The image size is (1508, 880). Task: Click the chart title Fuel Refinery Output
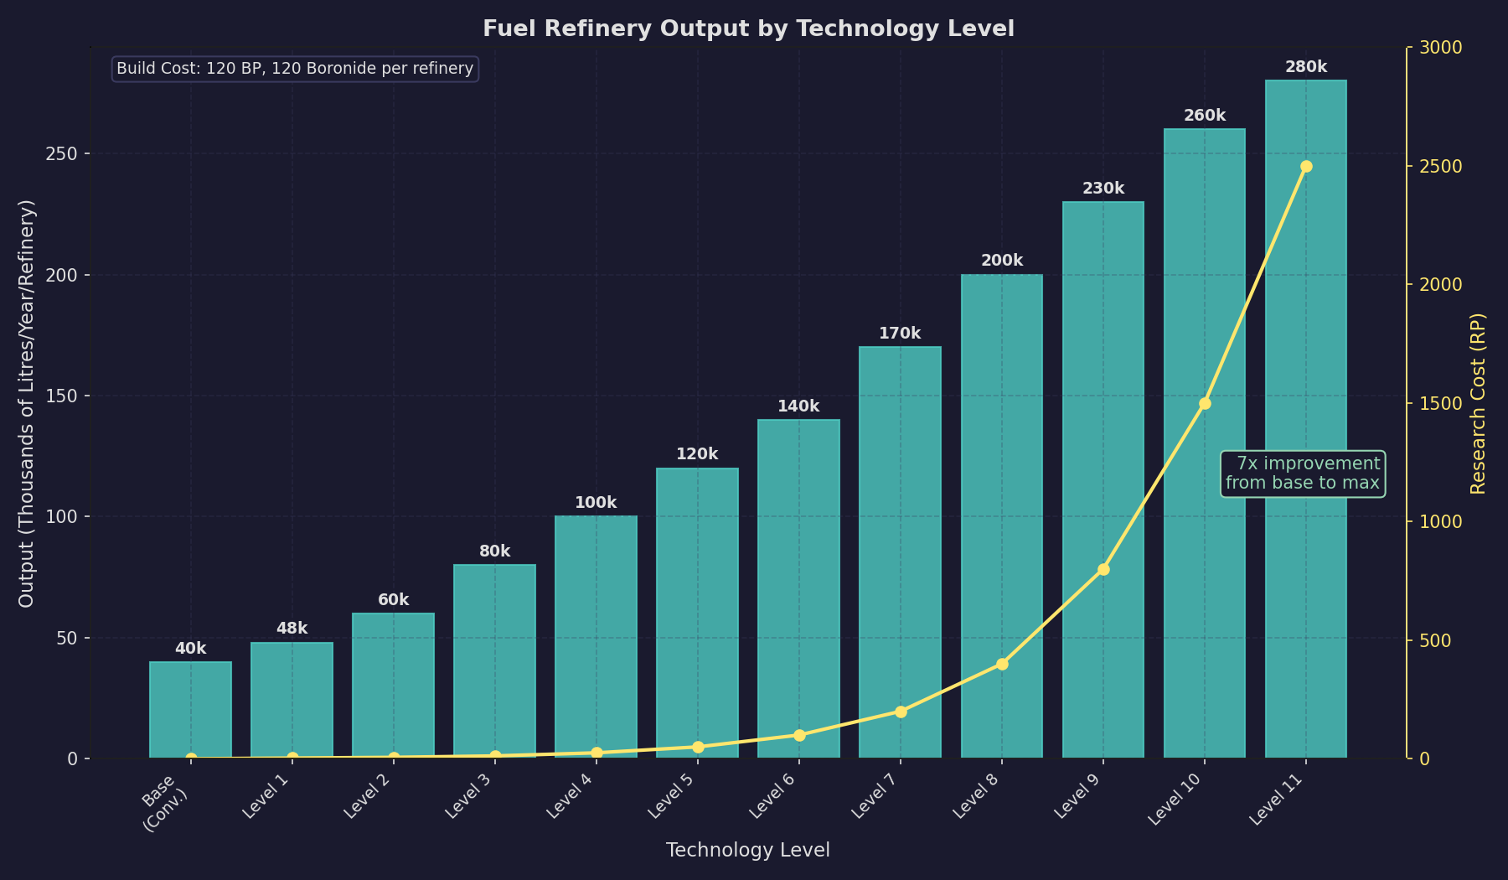coord(748,28)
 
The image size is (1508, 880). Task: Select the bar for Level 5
coord(697,612)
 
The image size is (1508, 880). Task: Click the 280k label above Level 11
coord(1305,67)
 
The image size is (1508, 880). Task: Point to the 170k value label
coord(900,334)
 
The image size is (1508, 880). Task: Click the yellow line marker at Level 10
coord(1205,403)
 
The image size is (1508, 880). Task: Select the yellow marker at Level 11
coord(1306,166)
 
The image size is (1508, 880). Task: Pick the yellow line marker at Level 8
coord(1002,664)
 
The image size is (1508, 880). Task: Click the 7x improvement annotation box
coord(1302,474)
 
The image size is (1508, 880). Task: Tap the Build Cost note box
coord(295,69)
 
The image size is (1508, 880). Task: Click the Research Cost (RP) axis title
coord(1478,403)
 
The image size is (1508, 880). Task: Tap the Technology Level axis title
coord(747,850)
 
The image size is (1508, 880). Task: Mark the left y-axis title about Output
coord(27,403)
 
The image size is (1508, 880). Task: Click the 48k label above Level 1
coord(292,629)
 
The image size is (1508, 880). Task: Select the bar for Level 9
coord(1103,478)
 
